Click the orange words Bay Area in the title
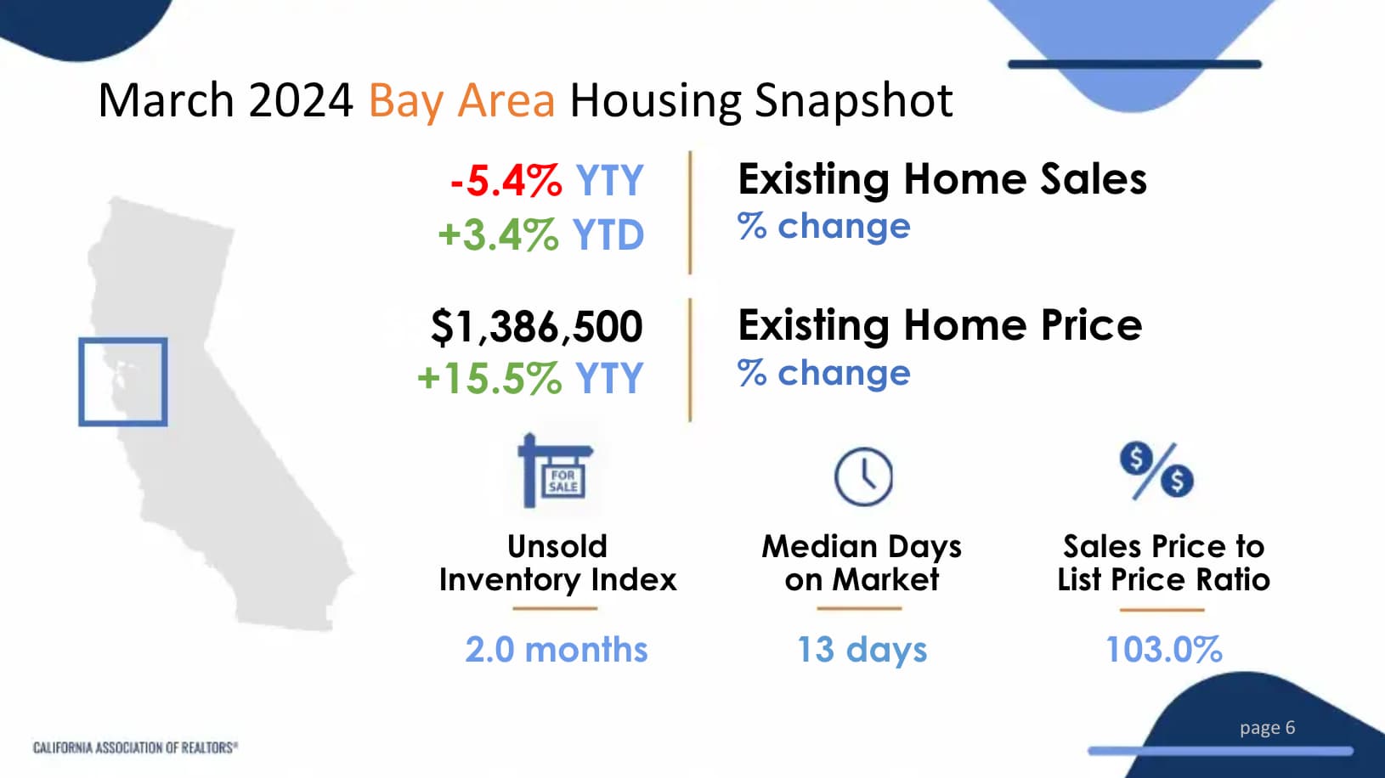462,101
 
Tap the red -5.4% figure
506,180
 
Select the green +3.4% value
499,234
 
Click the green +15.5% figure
489,378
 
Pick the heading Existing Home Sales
941,179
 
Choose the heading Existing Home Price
940,325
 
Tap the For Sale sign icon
555,471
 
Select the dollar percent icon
1156,471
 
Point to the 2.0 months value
557,650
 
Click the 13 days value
862,650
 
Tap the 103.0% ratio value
1163,650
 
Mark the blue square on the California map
80,382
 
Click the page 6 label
1267,728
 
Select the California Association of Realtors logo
135,747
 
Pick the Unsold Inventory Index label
557,563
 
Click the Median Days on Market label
862,563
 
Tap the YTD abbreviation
608,235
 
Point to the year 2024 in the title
301,100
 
